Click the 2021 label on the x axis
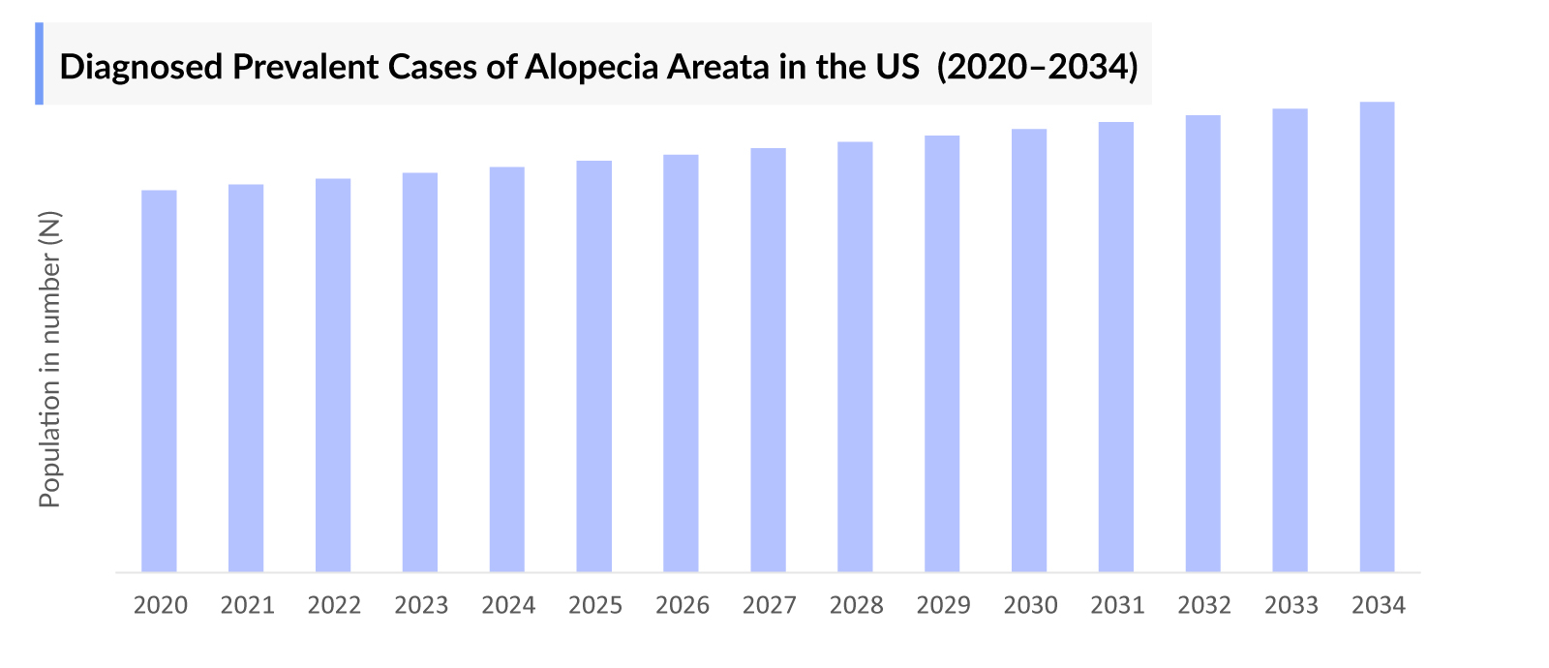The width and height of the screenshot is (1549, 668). pyautogui.click(x=247, y=606)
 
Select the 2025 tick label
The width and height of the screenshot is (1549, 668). pyautogui.click(x=595, y=606)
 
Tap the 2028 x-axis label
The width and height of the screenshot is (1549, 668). pyautogui.click(x=856, y=606)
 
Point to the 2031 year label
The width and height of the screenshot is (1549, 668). pyautogui.click(x=1117, y=606)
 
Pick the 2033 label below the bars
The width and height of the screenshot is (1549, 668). pyautogui.click(x=1291, y=606)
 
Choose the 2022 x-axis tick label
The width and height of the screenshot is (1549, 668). pyautogui.click(x=334, y=606)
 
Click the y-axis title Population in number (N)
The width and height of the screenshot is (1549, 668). pyautogui.click(x=49, y=359)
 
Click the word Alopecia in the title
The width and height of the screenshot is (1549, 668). pyautogui.click(x=588, y=67)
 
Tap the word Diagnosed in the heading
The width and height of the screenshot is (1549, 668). pyautogui.click(x=141, y=67)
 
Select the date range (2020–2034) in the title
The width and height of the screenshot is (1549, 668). pyautogui.click(x=1037, y=67)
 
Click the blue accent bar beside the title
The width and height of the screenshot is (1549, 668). pyautogui.click(x=40, y=63)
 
